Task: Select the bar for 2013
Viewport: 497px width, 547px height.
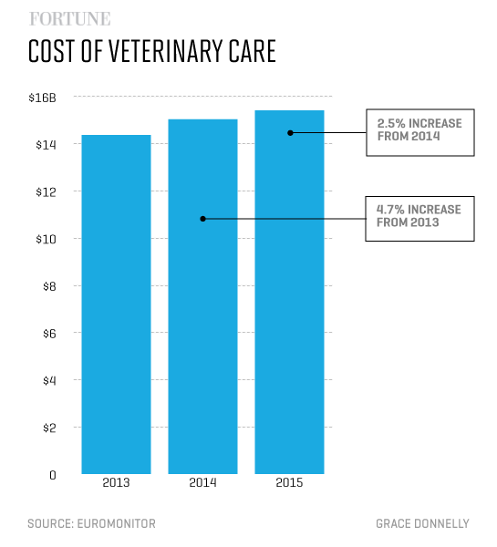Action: coord(116,304)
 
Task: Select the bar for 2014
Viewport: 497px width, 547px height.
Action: coord(202,296)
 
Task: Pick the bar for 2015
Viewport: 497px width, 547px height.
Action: coord(289,292)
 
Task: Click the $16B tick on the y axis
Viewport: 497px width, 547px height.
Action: coord(42,98)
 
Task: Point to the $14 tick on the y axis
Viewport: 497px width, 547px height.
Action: coord(46,145)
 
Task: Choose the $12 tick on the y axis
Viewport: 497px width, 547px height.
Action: coord(46,192)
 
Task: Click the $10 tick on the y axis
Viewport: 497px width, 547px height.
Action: coord(46,239)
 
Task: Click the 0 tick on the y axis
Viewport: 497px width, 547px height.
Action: coord(52,475)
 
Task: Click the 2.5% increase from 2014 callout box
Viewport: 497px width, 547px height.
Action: coord(419,130)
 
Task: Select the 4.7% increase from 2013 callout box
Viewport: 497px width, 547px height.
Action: coord(419,216)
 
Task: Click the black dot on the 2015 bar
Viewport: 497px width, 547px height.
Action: coord(290,132)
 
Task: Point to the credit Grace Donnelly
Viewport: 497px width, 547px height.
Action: coord(422,523)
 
